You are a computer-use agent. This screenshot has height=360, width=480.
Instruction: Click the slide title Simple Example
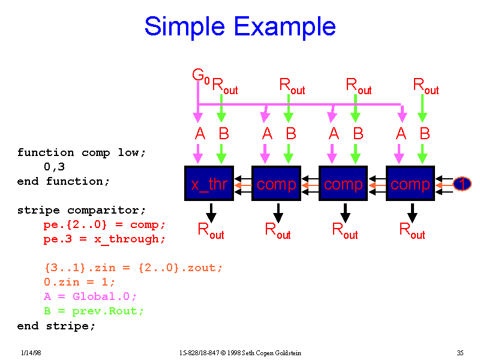[x=240, y=27]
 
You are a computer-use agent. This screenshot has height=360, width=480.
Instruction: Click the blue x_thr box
[x=209, y=184]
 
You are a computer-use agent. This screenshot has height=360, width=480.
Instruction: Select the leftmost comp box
[x=277, y=184]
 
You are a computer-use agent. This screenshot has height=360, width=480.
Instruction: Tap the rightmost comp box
[x=410, y=184]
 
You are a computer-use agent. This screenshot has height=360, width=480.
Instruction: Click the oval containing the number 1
[x=461, y=184]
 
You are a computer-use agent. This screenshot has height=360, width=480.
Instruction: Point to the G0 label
[x=200, y=76]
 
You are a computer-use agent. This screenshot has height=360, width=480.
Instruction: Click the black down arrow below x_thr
[x=211, y=212]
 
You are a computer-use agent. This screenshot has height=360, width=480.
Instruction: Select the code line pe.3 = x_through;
[x=104, y=239]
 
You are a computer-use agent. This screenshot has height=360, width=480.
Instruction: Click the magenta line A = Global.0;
[x=90, y=296]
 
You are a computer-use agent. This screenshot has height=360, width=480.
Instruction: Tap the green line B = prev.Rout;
[x=94, y=311]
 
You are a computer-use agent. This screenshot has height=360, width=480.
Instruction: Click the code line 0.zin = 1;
[x=79, y=282]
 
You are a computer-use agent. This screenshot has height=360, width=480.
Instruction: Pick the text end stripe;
[x=56, y=326]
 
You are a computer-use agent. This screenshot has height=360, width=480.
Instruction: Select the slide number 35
[x=460, y=352]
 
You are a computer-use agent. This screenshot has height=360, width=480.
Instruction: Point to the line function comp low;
[x=82, y=152]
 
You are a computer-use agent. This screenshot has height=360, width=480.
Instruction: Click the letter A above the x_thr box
[x=200, y=134]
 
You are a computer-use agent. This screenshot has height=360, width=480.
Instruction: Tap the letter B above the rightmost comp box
[x=425, y=134]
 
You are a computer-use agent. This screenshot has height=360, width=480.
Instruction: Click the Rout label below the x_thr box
[x=211, y=230]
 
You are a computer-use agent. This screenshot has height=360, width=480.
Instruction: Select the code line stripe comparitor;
[x=82, y=210]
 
